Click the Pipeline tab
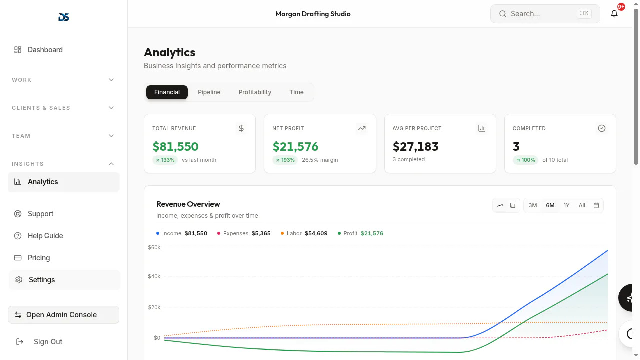point(209,92)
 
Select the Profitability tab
point(255,92)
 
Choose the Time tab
point(296,92)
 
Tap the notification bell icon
point(614,13)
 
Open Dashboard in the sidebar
point(45,50)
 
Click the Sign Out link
point(48,342)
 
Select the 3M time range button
point(532,205)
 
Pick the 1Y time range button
point(566,205)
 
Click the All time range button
point(582,205)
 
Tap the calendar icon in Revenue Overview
point(596,205)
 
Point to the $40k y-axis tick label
point(154,276)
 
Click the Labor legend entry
point(304,233)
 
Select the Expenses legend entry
point(243,233)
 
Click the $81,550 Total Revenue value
point(175,146)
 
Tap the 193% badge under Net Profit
point(285,160)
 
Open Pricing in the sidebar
point(39,258)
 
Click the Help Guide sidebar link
point(45,236)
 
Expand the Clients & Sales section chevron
point(111,108)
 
